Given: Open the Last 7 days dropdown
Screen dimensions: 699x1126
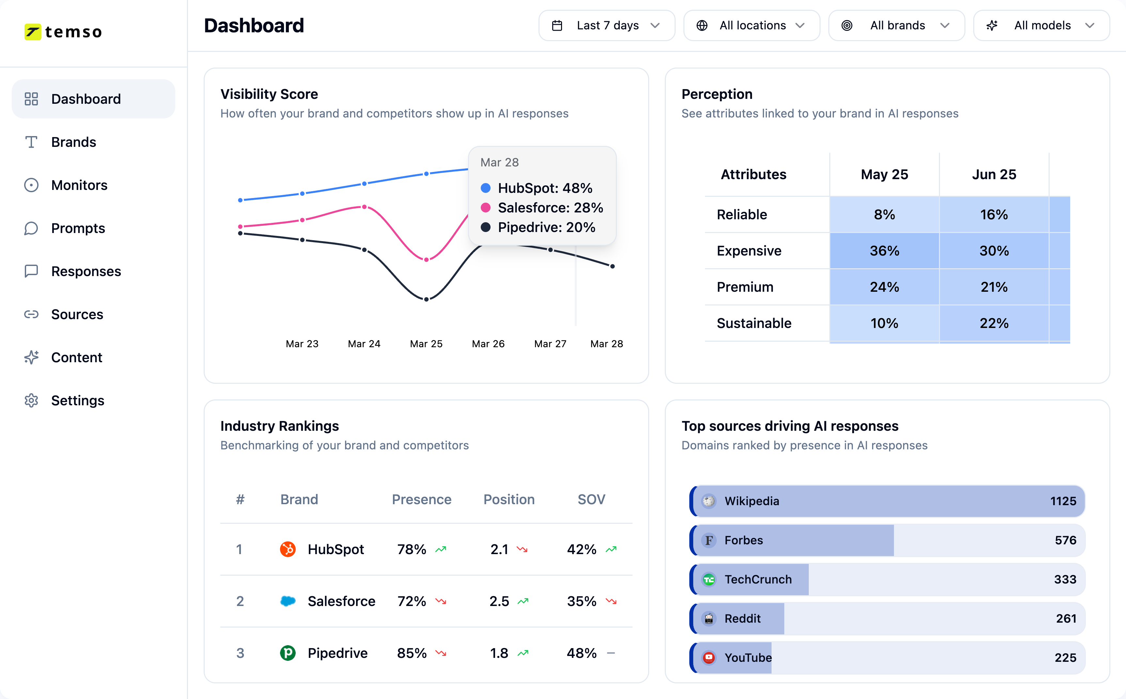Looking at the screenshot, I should (606, 25).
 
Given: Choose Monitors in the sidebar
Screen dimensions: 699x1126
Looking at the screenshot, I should (79, 185).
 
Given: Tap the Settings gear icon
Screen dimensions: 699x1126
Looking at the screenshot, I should (31, 400).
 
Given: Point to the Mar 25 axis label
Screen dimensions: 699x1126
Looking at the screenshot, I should (426, 344).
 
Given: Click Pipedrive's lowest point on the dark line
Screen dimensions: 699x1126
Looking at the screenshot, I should (426, 299).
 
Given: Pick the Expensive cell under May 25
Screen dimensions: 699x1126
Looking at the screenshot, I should (884, 251).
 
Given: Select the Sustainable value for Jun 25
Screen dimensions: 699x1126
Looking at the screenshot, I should (994, 323).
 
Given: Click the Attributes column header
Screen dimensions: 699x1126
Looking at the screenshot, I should (753, 174).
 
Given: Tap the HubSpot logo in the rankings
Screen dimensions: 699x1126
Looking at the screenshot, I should (288, 549).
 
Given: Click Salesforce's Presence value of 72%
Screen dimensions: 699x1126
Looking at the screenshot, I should (411, 601).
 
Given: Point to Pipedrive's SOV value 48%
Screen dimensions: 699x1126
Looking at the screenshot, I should (582, 653).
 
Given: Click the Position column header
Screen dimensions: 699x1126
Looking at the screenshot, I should (508, 499).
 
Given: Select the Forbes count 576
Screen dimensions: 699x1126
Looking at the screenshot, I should (1065, 540).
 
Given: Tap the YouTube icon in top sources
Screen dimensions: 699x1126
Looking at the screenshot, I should (709, 657).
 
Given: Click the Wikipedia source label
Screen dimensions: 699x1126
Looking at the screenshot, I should (752, 501).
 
